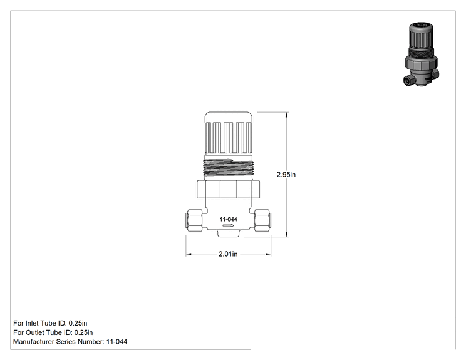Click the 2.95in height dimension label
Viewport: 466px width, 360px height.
click(x=286, y=175)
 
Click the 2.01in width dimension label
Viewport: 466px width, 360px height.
click(x=228, y=254)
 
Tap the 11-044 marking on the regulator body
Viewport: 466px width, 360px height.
click(x=228, y=220)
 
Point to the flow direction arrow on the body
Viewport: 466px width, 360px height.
click(x=228, y=226)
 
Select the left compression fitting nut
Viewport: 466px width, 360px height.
click(x=194, y=220)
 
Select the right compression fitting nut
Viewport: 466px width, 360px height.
click(x=262, y=220)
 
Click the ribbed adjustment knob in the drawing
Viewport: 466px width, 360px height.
click(x=228, y=133)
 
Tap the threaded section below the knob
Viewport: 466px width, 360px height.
click(x=228, y=168)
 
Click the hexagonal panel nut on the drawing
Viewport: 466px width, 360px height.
click(x=228, y=189)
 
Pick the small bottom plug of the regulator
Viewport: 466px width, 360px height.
click(x=228, y=234)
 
